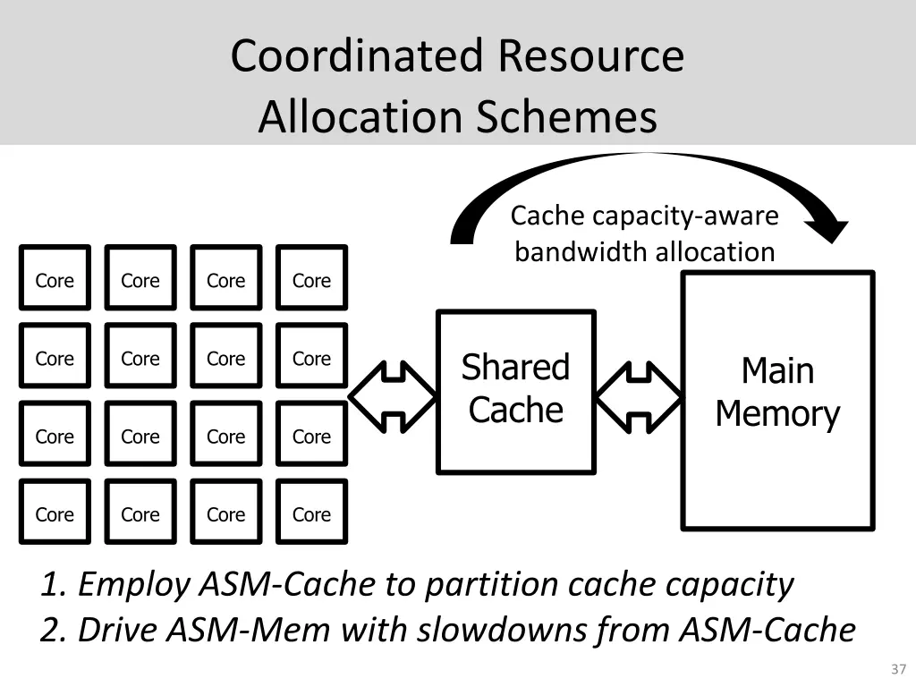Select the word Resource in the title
[x=590, y=56]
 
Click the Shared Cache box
[x=515, y=391]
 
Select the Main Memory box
[x=777, y=399]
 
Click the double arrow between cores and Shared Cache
[x=392, y=394]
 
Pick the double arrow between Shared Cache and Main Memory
[x=639, y=394]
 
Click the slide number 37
[x=898, y=669]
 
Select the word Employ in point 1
[x=134, y=585]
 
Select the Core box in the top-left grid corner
[x=55, y=280]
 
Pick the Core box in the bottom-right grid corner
[x=311, y=513]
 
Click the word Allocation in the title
[x=362, y=117]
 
